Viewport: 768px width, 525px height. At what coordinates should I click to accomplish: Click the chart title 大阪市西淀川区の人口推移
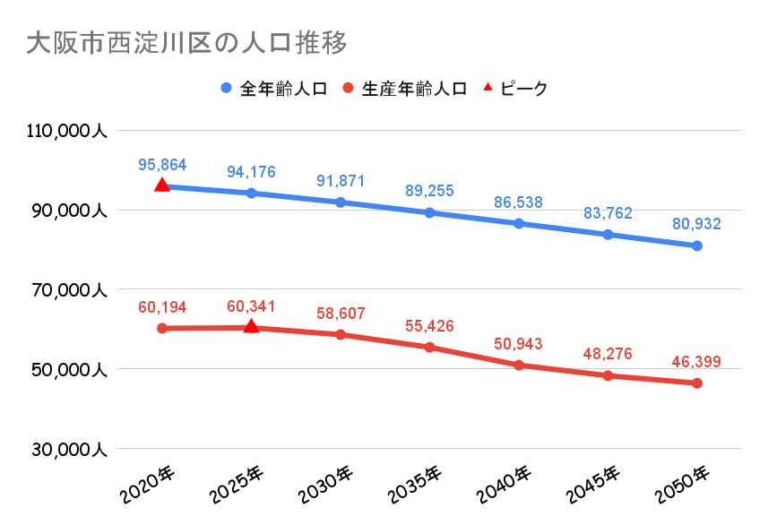[x=186, y=42]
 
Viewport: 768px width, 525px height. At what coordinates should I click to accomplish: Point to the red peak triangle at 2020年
[x=162, y=185]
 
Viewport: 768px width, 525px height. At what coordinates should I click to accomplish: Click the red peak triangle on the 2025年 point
[x=252, y=326]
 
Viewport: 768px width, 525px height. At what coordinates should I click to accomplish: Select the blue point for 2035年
[x=429, y=212]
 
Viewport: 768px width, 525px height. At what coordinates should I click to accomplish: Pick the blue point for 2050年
[x=696, y=245]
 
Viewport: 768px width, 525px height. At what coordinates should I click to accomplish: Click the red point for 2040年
[x=519, y=365]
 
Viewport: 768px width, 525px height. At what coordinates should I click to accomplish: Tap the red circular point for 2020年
[x=162, y=328]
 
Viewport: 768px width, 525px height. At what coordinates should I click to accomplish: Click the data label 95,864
[x=162, y=165]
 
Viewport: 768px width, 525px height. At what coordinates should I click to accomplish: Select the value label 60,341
[x=252, y=306]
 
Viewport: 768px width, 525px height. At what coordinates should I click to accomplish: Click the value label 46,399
[x=696, y=363]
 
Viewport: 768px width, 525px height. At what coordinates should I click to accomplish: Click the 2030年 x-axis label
[x=326, y=485]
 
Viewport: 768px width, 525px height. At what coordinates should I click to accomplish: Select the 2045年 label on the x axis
[x=593, y=485]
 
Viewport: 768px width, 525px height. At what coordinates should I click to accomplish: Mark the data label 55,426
[x=429, y=327]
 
